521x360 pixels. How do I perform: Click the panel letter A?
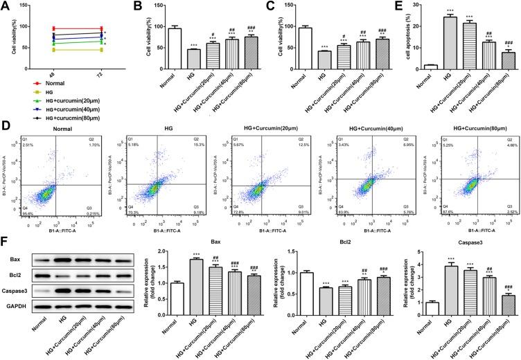click(6, 6)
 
